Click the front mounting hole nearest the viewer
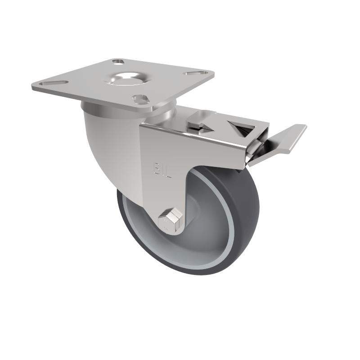140,98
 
